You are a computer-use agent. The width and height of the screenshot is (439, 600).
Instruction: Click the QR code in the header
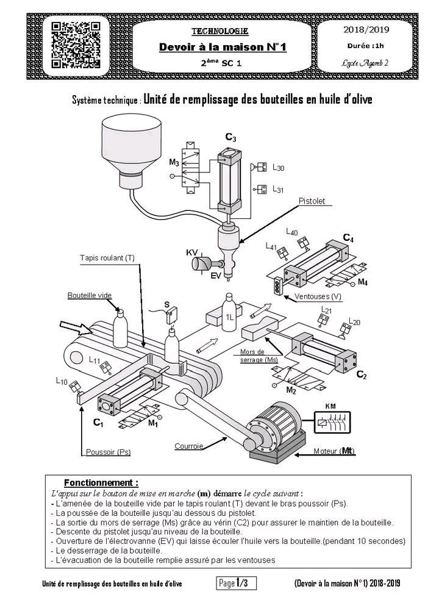76,45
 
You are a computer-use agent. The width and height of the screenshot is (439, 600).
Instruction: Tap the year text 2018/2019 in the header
366,29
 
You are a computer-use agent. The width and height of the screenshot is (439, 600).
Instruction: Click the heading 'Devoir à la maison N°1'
223,47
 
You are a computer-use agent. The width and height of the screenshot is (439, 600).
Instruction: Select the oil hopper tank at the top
130,150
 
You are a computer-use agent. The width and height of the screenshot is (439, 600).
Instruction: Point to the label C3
230,137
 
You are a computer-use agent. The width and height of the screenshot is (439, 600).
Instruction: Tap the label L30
278,168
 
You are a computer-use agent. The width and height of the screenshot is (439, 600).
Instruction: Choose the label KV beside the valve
193,252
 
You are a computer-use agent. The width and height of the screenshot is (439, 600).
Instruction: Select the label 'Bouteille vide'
90,295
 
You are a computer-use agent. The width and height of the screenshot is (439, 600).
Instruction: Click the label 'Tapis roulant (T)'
107,258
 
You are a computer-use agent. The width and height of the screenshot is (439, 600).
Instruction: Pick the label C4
348,238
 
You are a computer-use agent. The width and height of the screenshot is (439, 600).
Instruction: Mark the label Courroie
188,446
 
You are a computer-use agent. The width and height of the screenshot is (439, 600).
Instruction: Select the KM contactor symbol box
331,421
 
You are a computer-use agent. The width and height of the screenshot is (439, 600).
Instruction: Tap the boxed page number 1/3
237,584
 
